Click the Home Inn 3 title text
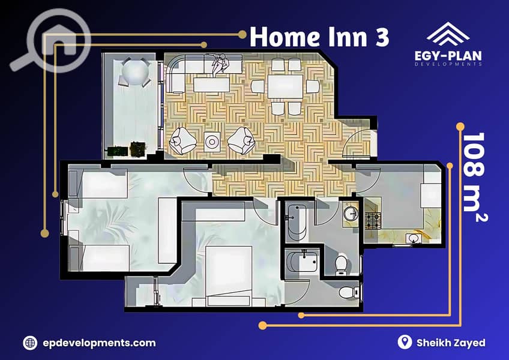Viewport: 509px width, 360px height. coord(319,37)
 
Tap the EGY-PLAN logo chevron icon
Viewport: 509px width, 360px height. coord(448,34)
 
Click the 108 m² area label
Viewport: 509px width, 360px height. coord(474,177)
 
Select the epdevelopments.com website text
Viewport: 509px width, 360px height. coord(99,343)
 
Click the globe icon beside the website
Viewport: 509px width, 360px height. coord(30,343)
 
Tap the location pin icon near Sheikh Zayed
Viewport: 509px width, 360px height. coord(405,342)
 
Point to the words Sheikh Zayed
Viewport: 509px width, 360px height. coord(451,343)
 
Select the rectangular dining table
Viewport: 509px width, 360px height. coord(285,86)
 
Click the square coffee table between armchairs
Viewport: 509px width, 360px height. coord(212,142)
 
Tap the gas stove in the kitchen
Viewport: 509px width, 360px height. coord(373,221)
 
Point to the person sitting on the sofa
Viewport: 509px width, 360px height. coord(220,64)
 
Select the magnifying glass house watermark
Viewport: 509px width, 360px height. coord(50,41)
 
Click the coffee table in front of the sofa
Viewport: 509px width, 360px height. coord(212,86)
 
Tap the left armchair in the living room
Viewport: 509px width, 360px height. coord(182,140)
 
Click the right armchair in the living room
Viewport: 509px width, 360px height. coord(241,140)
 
